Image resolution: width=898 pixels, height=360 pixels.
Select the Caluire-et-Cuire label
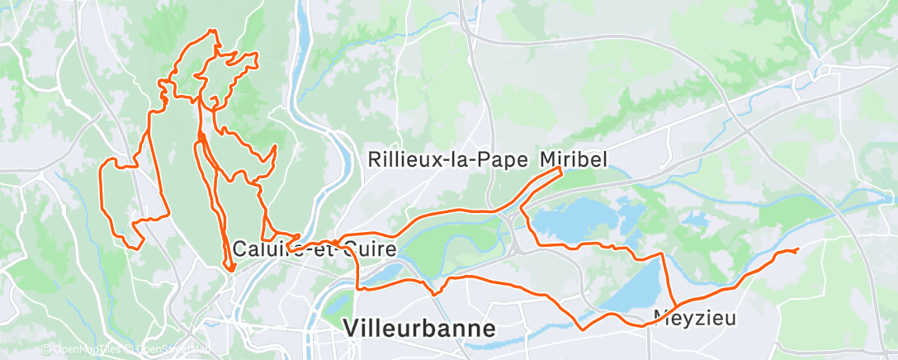pyautogui.click(x=314, y=249)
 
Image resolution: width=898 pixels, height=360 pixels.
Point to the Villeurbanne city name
pyautogui.click(x=419, y=328)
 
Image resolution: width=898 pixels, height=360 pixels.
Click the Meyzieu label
pyautogui.click(x=683, y=316)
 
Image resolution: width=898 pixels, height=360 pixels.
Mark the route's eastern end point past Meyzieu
pyautogui.click(x=798, y=249)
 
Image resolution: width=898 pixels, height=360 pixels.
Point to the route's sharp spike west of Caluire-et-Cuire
pyautogui.click(x=231, y=268)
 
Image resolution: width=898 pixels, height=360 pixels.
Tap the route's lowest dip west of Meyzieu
pyautogui.click(x=584, y=329)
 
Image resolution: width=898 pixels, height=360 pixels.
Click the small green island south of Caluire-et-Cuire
pyautogui.click(x=340, y=306)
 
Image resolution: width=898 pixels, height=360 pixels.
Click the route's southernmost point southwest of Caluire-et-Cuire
pyautogui.click(x=231, y=269)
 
